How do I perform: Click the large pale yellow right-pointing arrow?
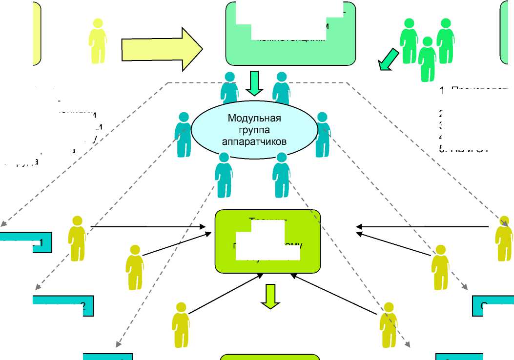[x=161, y=49]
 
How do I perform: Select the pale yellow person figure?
[x=98, y=43]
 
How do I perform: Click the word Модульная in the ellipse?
[x=254, y=118]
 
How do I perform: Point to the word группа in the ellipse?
[x=254, y=130]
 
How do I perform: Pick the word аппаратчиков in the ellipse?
[x=254, y=141]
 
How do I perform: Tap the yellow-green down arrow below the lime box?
[x=270, y=296]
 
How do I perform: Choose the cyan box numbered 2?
[x=62, y=306]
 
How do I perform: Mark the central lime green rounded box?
[x=268, y=241]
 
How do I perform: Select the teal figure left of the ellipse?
[x=183, y=135]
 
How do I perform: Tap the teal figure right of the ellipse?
[x=323, y=135]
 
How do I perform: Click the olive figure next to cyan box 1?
[x=77, y=239]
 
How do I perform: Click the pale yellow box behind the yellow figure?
[x=37, y=33]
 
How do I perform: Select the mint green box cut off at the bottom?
[x=270, y=357]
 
